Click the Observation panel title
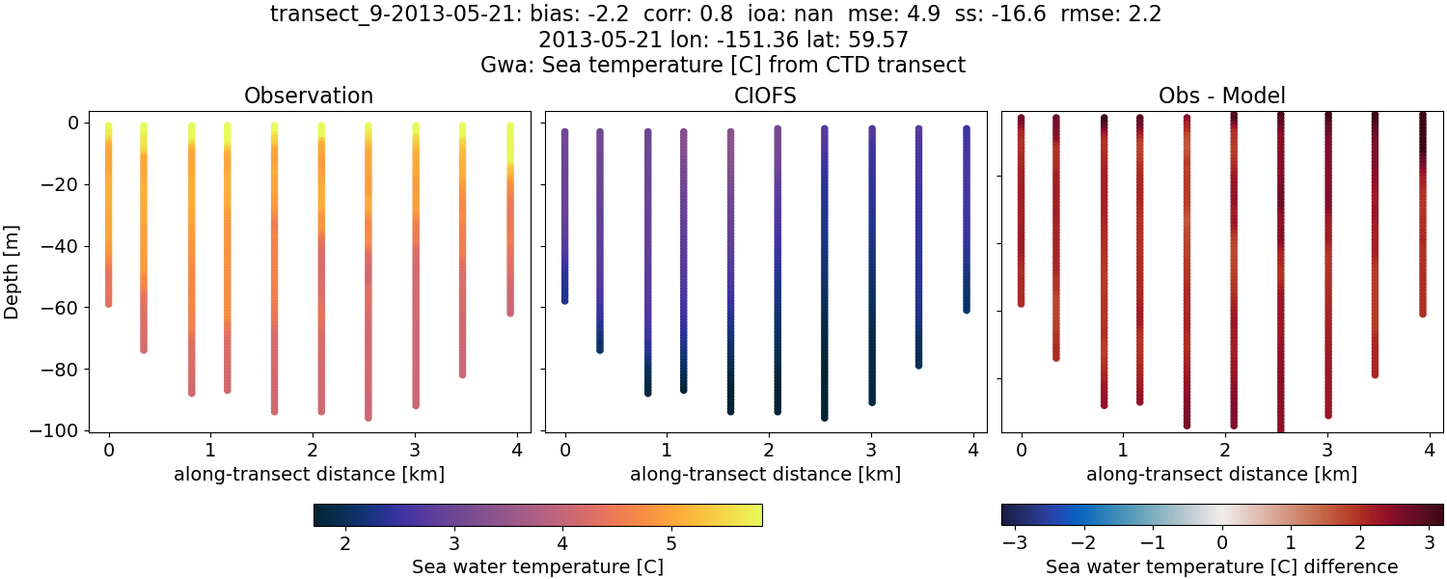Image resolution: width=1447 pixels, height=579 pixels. tap(309, 96)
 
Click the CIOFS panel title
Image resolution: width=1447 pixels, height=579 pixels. tap(766, 96)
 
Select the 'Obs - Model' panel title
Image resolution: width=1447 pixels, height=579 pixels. tap(1222, 96)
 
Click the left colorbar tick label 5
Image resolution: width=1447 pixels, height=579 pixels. tap(670, 544)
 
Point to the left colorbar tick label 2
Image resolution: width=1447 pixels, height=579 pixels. tap(345, 544)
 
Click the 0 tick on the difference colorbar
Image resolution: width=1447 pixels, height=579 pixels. tap(1222, 544)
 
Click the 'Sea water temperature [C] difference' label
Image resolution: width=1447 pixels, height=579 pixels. tap(1222, 566)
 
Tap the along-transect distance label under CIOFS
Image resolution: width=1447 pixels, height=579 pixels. tap(766, 474)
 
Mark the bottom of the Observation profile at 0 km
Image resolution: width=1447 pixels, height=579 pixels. tap(109, 303)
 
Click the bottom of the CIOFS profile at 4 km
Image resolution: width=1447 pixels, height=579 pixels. tap(966, 309)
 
